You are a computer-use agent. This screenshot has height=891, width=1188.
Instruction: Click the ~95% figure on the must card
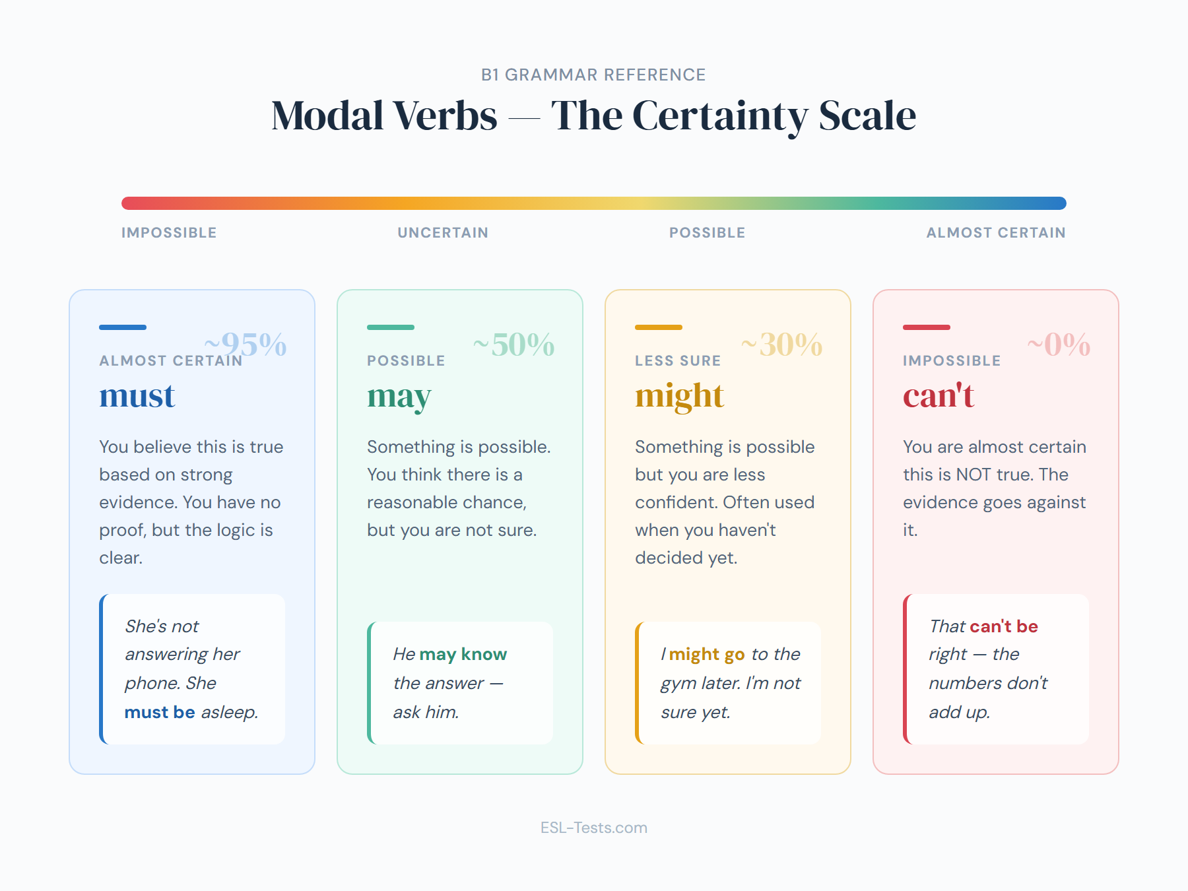click(246, 345)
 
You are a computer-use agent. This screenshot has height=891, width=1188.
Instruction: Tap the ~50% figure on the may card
click(513, 345)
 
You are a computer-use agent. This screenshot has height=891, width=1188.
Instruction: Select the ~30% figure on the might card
click(781, 345)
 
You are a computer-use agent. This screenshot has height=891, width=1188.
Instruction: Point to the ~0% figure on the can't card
click(1059, 345)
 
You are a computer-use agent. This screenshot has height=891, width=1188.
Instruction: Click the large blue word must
click(137, 395)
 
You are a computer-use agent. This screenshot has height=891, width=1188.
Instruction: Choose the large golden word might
click(680, 397)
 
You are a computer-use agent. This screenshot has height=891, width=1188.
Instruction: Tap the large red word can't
click(939, 395)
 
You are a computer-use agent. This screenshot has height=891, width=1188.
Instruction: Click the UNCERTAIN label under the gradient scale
click(443, 233)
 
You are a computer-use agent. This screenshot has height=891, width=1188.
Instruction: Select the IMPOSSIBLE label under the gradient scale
click(169, 233)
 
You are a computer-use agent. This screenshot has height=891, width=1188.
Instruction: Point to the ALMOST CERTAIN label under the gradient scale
click(996, 233)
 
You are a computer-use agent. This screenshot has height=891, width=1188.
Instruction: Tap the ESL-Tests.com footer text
click(594, 828)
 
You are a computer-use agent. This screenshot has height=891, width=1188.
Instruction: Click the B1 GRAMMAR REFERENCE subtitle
click(594, 75)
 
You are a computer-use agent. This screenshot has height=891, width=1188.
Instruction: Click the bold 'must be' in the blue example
click(160, 712)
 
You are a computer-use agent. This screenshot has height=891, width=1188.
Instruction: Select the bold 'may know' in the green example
click(463, 654)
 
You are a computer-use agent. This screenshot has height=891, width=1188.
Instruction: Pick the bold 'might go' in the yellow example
click(707, 654)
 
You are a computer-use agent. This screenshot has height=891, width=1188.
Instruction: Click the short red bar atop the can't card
click(927, 327)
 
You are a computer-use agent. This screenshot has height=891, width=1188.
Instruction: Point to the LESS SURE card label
click(678, 361)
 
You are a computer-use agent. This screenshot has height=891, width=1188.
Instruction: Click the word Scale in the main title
click(867, 115)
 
